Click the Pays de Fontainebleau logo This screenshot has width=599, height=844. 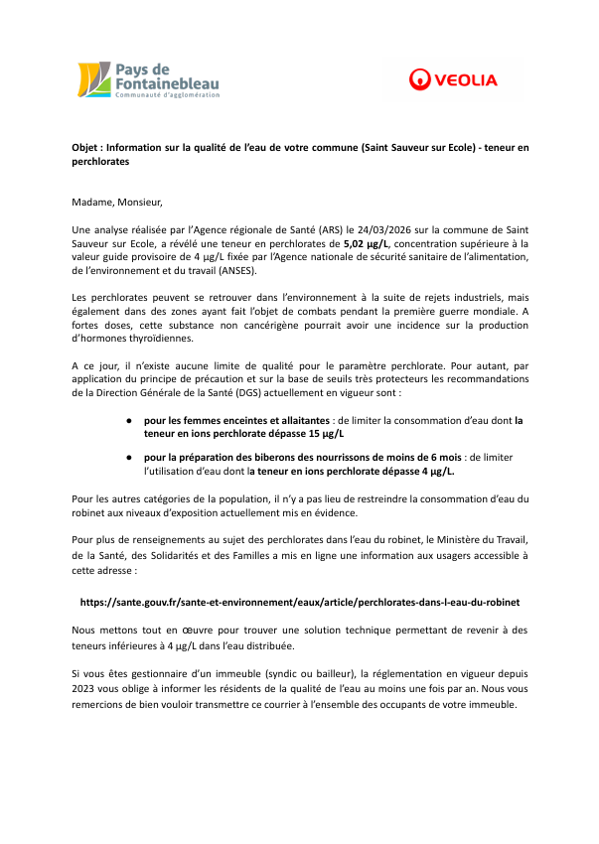click(149, 79)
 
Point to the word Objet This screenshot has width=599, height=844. click(86, 147)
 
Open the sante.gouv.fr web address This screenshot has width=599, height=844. click(299, 602)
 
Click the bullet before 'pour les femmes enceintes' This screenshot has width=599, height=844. click(129, 420)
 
